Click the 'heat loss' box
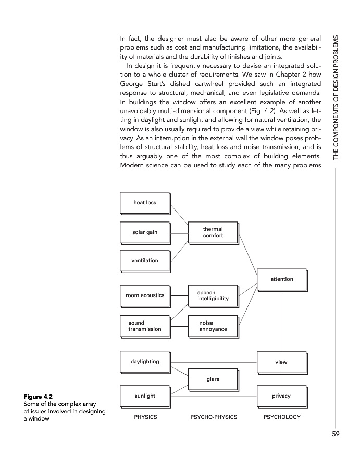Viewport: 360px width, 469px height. click(145, 203)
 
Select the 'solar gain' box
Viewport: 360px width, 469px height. click(145, 232)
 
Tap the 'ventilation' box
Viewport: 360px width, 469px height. click(145, 260)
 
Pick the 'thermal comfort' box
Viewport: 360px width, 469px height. click(213, 232)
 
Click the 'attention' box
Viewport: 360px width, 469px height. click(281, 279)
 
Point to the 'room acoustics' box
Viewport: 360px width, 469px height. click(145, 295)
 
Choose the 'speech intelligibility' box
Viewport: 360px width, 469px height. click(213, 295)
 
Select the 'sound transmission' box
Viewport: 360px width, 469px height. click(145, 326)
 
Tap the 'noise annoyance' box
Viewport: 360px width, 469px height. click(213, 326)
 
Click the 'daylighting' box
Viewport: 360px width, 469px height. click(145, 361)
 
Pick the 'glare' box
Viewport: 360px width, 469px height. click(213, 379)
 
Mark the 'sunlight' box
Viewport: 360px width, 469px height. click(145, 396)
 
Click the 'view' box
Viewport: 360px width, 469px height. click(281, 361)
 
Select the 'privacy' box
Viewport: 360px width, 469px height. click(281, 396)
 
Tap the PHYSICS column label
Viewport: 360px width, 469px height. click(145, 418)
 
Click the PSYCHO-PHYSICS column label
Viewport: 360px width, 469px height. click(214, 418)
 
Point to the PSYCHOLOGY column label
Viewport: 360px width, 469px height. click(282, 418)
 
